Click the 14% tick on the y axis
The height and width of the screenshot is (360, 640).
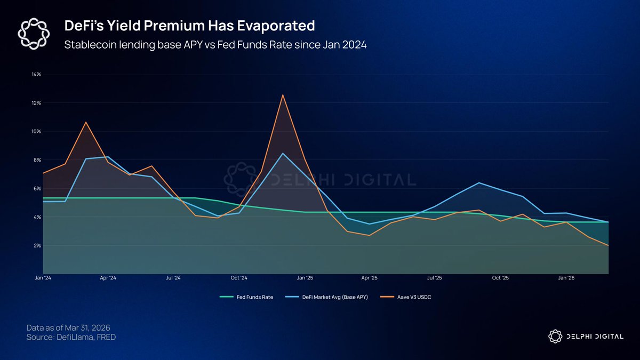(x=37, y=74)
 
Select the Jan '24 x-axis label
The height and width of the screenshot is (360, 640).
(x=43, y=278)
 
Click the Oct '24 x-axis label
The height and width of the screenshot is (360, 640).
(x=239, y=278)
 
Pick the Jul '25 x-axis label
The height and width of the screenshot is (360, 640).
(x=435, y=278)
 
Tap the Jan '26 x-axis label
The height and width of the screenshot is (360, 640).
(x=566, y=278)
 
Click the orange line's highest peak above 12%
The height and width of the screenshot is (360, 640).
(x=283, y=95)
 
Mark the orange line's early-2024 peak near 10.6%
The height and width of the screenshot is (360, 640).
(x=86, y=122)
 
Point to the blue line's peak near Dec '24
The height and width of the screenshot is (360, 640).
(x=283, y=154)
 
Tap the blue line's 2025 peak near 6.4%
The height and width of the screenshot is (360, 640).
(x=479, y=183)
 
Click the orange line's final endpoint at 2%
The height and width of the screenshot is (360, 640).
(x=608, y=245)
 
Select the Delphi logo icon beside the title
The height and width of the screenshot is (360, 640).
(x=34, y=33)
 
